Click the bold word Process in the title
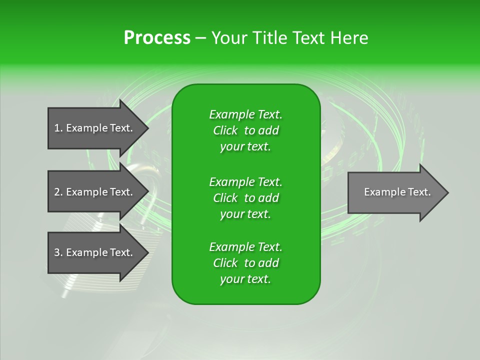pyautogui.click(x=157, y=38)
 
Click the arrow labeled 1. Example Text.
pyautogui.click(x=95, y=128)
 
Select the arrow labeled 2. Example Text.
pyautogui.click(x=95, y=192)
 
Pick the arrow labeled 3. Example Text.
pyautogui.click(x=95, y=252)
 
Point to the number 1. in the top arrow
pyautogui.click(x=58, y=128)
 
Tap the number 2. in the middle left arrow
pyautogui.click(x=58, y=192)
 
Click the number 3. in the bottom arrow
pyautogui.click(x=58, y=252)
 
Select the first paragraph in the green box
pyautogui.click(x=245, y=130)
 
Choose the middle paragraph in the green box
pyautogui.click(x=245, y=197)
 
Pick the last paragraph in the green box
pyautogui.click(x=245, y=263)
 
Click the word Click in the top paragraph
pyautogui.click(x=225, y=130)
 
